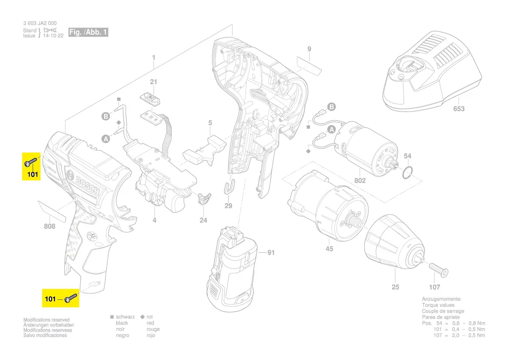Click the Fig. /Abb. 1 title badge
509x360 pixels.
(x=88, y=33)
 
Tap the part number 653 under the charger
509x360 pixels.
(x=459, y=109)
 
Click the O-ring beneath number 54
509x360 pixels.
(x=407, y=173)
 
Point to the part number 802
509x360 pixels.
(x=360, y=180)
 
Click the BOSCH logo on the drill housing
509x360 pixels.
(x=87, y=185)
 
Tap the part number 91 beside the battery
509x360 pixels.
(x=271, y=252)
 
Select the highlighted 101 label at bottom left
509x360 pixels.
(x=51, y=299)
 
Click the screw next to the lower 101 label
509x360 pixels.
(x=71, y=299)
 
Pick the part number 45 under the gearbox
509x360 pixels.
(x=329, y=249)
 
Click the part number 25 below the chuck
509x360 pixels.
(x=395, y=287)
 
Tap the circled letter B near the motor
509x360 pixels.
(x=332, y=107)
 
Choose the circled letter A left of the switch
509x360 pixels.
(x=106, y=139)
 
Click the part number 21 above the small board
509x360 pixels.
(x=153, y=82)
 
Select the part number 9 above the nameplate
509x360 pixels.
(x=309, y=49)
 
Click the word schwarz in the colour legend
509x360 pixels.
(x=125, y=317)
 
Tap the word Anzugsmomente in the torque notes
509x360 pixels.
(x=441, y=299)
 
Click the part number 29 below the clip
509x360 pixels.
(x=229, y=206)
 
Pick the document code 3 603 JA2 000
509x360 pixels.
(x=40, y=24)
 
